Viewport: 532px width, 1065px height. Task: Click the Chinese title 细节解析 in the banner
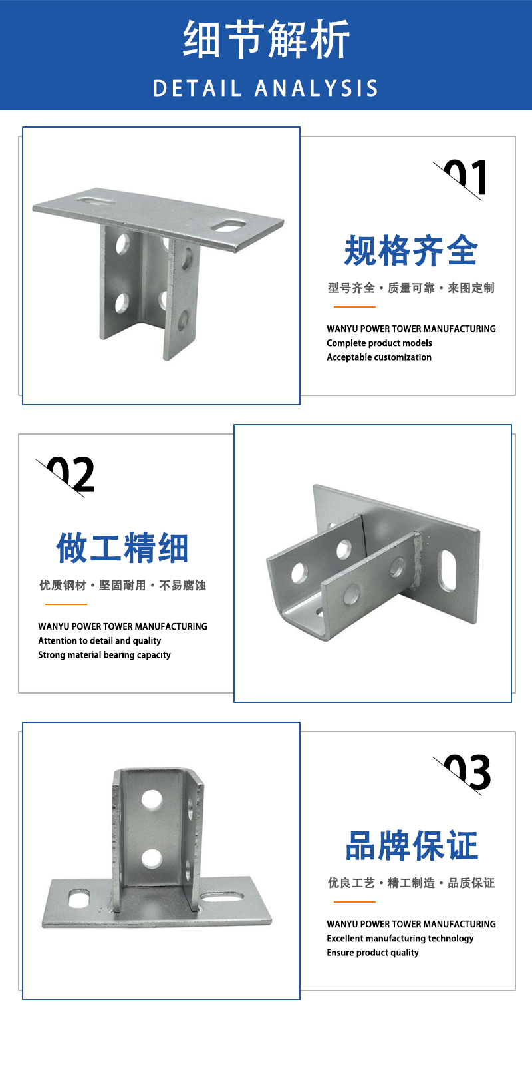click(266, 39)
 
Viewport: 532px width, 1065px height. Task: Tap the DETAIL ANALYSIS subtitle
click(265, 89)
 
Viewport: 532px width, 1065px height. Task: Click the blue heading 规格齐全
click(411, 250)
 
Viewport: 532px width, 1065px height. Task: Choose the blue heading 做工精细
click(122, 548)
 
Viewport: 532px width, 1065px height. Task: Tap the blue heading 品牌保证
click(412, 846)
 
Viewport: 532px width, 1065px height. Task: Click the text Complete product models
click(379, 343)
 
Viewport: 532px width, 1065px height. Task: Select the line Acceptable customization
click(379, 357)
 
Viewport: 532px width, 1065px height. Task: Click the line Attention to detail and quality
click(99, 641)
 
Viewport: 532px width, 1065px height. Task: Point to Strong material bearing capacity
click(104, 655)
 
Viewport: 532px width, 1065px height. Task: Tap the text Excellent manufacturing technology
click(400, 939)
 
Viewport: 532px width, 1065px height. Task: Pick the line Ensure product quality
click(372, 953)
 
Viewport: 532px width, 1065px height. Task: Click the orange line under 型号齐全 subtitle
click(354, 307)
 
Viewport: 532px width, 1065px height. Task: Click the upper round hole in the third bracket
click(152, 799)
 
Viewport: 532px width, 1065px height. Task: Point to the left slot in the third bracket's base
click(79, 898)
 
